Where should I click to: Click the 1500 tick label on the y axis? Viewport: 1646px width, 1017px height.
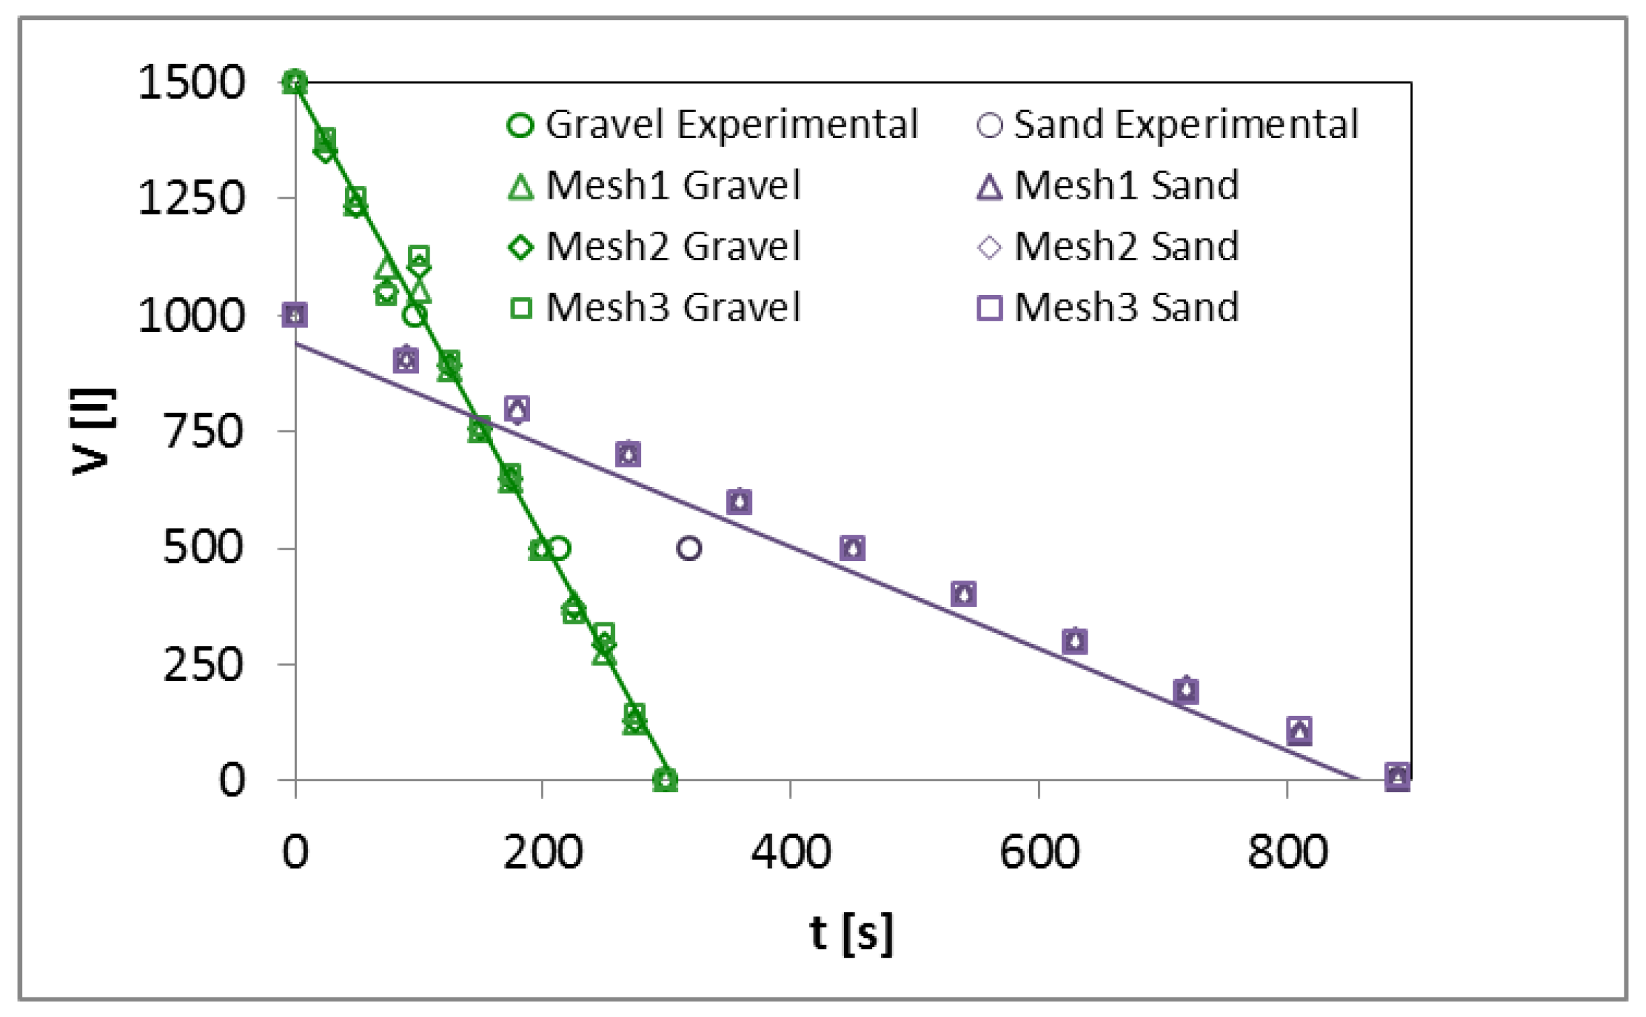coord(191,83)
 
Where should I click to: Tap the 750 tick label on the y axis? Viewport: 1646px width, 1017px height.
coord(203,431)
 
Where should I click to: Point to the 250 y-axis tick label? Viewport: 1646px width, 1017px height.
coord(203,665)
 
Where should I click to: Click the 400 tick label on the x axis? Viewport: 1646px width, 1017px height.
coord(791,852)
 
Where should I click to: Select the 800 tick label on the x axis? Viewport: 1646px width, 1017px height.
coord(1287,852)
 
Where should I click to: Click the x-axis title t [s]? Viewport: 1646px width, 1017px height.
coord(851,933)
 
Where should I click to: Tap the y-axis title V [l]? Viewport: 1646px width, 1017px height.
coord(92,431)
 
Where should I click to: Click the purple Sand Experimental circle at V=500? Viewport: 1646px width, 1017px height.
coord(688,548)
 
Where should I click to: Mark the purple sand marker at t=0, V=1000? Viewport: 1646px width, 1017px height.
coord(295,315)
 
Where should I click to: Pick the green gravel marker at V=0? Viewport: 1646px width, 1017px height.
coord(665,780)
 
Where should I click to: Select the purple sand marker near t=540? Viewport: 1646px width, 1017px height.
coord(964,594)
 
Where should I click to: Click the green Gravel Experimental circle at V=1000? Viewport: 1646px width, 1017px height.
coord(415,315)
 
